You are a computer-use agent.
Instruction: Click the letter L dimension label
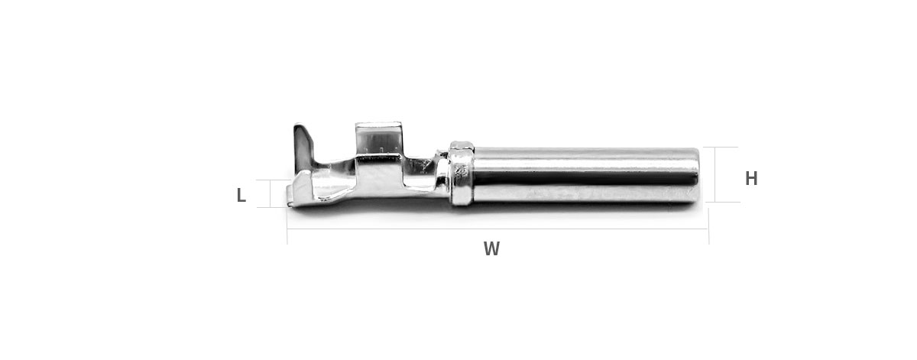pos(241,195)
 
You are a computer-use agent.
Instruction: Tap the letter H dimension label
pos(751,179)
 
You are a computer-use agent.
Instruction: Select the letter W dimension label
pos(491,248)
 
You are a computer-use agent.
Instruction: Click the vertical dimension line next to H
pos(715,174)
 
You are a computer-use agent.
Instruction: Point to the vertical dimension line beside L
pos(271,193)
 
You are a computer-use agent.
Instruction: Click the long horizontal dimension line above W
pos(497,229)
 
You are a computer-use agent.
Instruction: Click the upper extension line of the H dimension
pos(721,147)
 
